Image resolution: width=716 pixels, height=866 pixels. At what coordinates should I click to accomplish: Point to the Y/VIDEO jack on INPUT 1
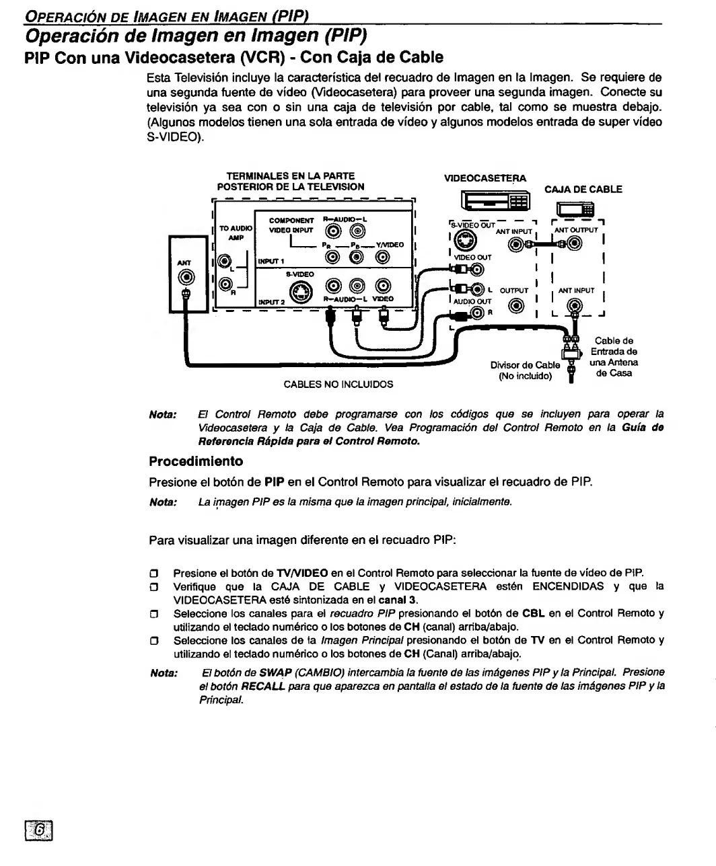(x=382, y=256)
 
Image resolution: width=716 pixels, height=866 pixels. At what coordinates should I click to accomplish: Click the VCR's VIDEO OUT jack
(x=477, y=270)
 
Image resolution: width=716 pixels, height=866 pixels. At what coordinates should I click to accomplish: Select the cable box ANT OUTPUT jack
(x=575, y=245)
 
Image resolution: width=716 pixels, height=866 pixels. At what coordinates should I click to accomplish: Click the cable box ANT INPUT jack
(x=574, y=307)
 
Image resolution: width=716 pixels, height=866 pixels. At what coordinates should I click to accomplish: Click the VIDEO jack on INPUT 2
(x=382, y=286)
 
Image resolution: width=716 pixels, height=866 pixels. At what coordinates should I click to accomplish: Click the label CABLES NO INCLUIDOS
(x=338, y=385)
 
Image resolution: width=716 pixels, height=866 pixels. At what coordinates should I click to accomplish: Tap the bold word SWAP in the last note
(x=275, y=672)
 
